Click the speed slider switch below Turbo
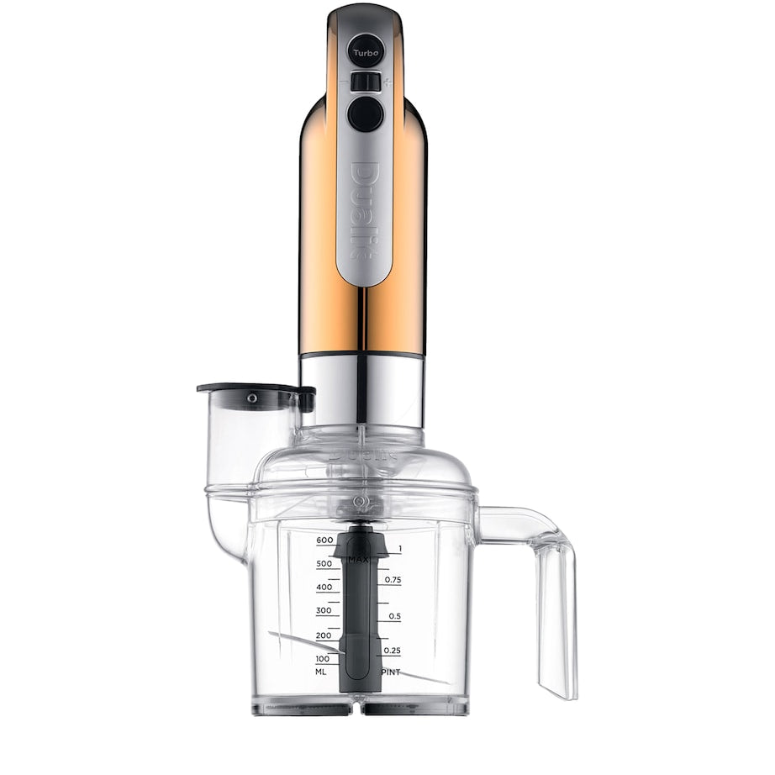tap(365, 82)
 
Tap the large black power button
tap(365, 113)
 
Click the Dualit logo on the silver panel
tap(364, 210)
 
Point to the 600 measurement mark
tap(325, 540)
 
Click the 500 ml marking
tap(324, 563)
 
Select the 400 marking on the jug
tap(324, 587)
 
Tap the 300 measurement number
tap(324, 610)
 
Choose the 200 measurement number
tap(324, 635)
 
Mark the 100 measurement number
tap(323, 658)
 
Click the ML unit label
tap(322, 672)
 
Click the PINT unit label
tap(392, 672)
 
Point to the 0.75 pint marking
tap(392, 580)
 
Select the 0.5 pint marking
tap(394, 616)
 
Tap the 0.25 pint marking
tap(392, 651)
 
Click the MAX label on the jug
tap(360, 558)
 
